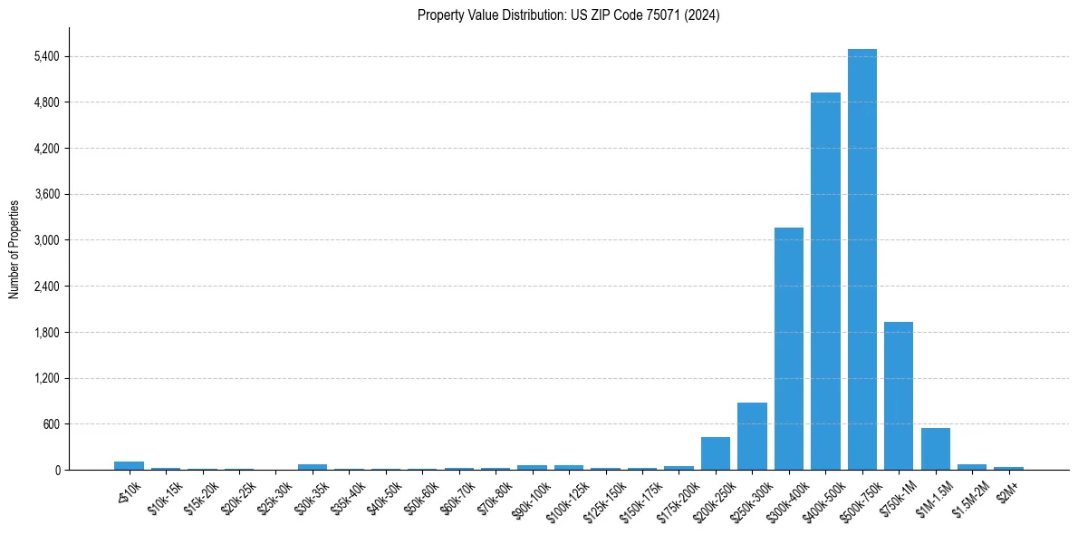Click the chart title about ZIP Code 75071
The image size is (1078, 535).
tap(568, 15)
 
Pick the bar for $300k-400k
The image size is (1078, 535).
tap(788, 349)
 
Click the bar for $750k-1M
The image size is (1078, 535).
tap(899, 396)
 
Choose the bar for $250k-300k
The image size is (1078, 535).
tap(752, 436)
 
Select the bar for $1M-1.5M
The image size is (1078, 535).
tap(935, 449)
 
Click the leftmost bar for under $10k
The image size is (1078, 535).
tap(129, 465)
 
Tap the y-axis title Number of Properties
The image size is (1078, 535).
tap(14, 248)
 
